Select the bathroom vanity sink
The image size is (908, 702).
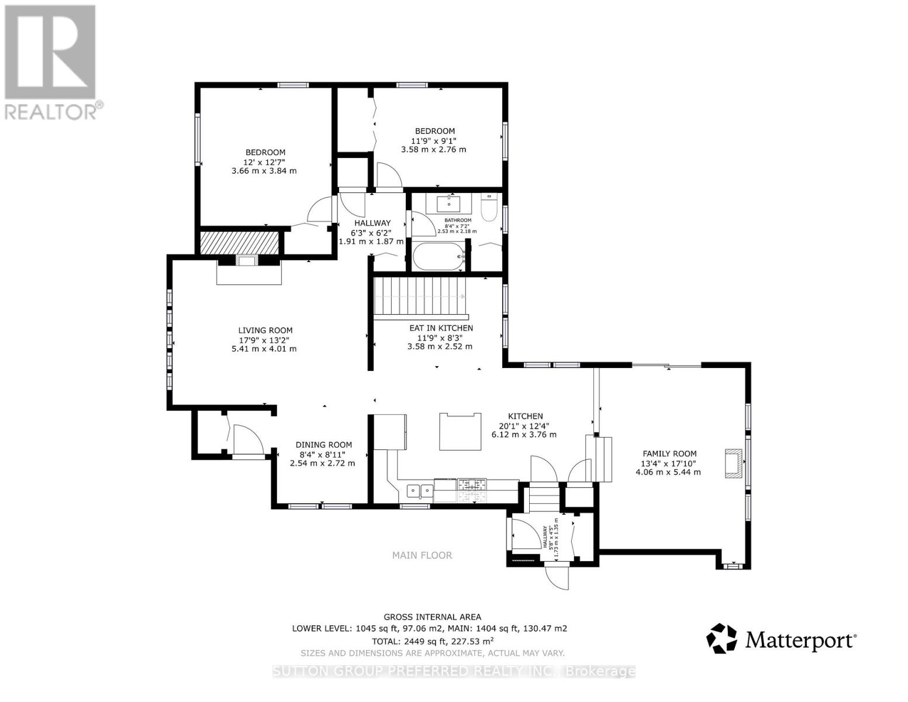449,204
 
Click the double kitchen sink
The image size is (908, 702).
420,490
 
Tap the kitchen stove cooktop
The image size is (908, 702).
472,484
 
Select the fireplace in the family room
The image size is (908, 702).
733,463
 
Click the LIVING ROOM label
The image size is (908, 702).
265,331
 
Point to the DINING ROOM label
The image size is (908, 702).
323,445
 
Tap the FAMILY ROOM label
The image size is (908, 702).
669,453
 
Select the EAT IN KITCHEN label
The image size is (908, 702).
441,328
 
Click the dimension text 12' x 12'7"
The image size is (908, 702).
265,162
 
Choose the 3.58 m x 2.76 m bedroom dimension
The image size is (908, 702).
433,150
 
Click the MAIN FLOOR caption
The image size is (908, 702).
422,555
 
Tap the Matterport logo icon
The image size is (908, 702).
722,638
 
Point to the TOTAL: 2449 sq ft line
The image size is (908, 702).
432,641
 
